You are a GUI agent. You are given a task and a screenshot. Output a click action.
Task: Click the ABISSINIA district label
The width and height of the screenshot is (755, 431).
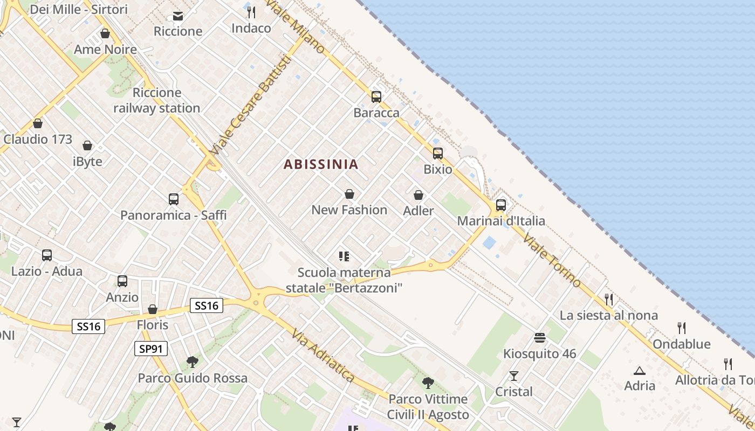tap(321, 164)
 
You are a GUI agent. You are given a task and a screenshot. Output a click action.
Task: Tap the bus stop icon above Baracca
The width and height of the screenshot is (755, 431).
tap(376, 97)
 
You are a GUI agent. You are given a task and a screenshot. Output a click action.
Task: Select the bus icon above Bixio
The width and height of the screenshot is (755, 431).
tap(437, 154)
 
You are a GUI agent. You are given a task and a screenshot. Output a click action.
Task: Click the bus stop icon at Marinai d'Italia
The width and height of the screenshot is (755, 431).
tap(501, 205)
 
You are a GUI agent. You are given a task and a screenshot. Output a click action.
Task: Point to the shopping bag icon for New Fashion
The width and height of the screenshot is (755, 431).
tap(349, 194)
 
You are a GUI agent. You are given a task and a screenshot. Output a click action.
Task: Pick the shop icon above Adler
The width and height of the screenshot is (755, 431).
tap(418, 195)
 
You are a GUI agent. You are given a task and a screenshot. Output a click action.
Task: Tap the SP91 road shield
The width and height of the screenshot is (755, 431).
tap(151, 349)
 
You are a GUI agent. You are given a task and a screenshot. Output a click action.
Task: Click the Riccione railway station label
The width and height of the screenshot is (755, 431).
tap(157, 100)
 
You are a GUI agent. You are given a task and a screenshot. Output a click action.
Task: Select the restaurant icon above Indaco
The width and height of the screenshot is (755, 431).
tap(251, 12)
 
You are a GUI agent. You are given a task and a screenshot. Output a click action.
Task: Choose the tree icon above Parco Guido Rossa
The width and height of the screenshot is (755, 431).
tap(192, 362)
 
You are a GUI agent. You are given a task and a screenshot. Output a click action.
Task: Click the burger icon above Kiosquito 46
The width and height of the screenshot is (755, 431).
tap(540, 338)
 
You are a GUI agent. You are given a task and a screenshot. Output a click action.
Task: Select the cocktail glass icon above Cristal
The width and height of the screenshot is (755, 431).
tap(513, 376)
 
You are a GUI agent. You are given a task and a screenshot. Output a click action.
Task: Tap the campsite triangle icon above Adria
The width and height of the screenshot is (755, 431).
tap(640, 370)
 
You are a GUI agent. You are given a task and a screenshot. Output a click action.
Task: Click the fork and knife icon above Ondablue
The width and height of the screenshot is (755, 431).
tap(682, 328)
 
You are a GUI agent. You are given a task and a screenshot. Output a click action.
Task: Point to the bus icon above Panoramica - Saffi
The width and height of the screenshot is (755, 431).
tap(173, 199)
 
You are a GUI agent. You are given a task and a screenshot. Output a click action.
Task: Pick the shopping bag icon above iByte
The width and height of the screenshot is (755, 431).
tap(87, 145)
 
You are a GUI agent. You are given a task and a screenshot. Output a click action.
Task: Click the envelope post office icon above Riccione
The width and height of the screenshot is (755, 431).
tap(177, 16)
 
